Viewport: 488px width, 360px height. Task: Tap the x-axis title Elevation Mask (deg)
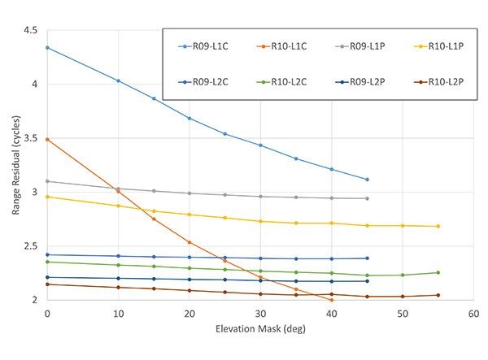pos(259,332)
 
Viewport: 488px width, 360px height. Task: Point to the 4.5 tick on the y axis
pos(31,31)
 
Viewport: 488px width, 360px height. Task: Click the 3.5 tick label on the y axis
pos(31,139)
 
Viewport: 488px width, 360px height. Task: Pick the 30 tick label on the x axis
pos(260,312)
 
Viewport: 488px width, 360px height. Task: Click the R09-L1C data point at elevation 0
pos(47,48)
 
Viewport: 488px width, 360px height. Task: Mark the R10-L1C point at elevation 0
pos(47,140)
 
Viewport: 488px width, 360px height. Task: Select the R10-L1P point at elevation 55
pos(438,226)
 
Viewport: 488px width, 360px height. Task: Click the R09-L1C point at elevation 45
pos(368,180)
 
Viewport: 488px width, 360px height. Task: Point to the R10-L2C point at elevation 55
pos(438,273)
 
